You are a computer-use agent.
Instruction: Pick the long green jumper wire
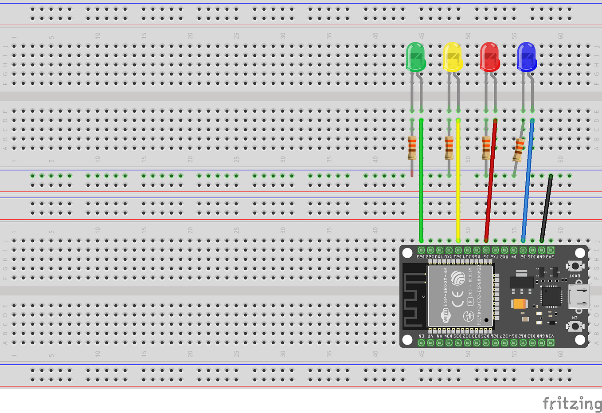421,186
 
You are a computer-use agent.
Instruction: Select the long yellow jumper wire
458,186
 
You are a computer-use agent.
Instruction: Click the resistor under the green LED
412,148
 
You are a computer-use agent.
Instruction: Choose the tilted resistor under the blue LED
518,149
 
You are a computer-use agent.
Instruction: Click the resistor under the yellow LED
449,148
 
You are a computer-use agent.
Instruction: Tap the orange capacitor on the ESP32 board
519,304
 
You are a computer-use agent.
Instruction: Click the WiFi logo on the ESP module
445,315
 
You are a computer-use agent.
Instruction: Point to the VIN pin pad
551,342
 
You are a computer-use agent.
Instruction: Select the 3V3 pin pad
551,250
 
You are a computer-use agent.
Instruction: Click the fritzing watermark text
572,403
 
